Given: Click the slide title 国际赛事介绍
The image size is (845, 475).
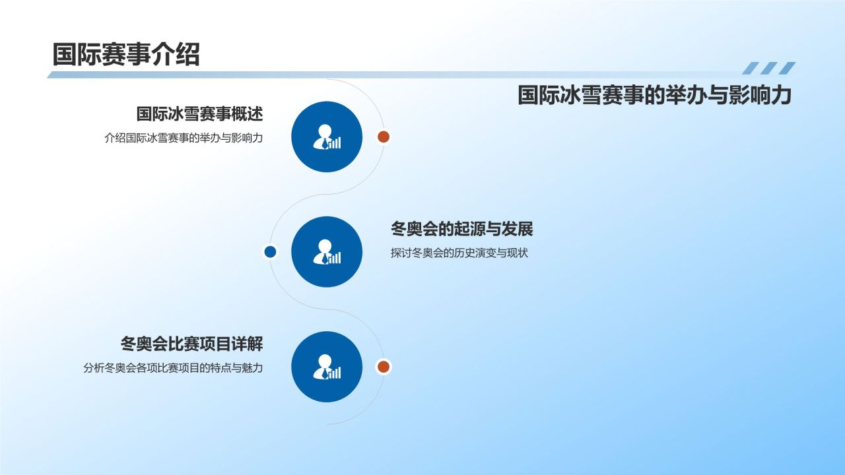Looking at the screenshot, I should coord(125,55).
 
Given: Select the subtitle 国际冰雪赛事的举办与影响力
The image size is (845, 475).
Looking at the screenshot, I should coord(654,96).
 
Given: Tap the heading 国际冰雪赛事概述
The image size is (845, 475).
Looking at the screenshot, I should coord(199,114).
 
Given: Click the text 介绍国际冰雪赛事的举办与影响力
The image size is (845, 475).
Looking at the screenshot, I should coord(184,139).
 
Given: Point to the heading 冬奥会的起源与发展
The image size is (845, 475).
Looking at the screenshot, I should coord(461,229).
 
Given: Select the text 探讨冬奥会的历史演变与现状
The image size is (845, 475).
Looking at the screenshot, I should coord(459,253).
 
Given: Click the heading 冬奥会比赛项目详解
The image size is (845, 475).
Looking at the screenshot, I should coord(191,344).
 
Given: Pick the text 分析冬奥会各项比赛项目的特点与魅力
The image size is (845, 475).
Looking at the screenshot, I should coord(173,368).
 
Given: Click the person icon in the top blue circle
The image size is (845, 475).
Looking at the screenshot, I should coord(326,137).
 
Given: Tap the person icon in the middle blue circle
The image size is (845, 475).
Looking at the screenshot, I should coord(326,252).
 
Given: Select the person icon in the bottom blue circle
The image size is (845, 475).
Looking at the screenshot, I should coord(326,367).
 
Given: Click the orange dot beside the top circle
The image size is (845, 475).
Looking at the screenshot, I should coord(384,137).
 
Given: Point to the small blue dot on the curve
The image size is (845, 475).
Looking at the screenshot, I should coord(270,251).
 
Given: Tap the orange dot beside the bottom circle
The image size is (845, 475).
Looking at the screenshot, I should coord(384,366).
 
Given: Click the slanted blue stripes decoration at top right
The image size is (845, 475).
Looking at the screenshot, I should coord(768,68).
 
